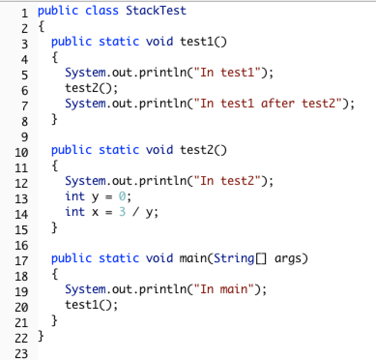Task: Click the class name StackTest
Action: point(156,10)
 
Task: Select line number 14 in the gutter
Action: point(21,213)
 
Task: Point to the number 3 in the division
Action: point(122,212)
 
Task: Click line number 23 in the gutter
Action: point(21,353)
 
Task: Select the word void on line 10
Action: point(159,150)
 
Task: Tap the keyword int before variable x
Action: point(74,212)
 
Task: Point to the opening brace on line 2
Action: point(41,26)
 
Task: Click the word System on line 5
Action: point(85,72)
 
